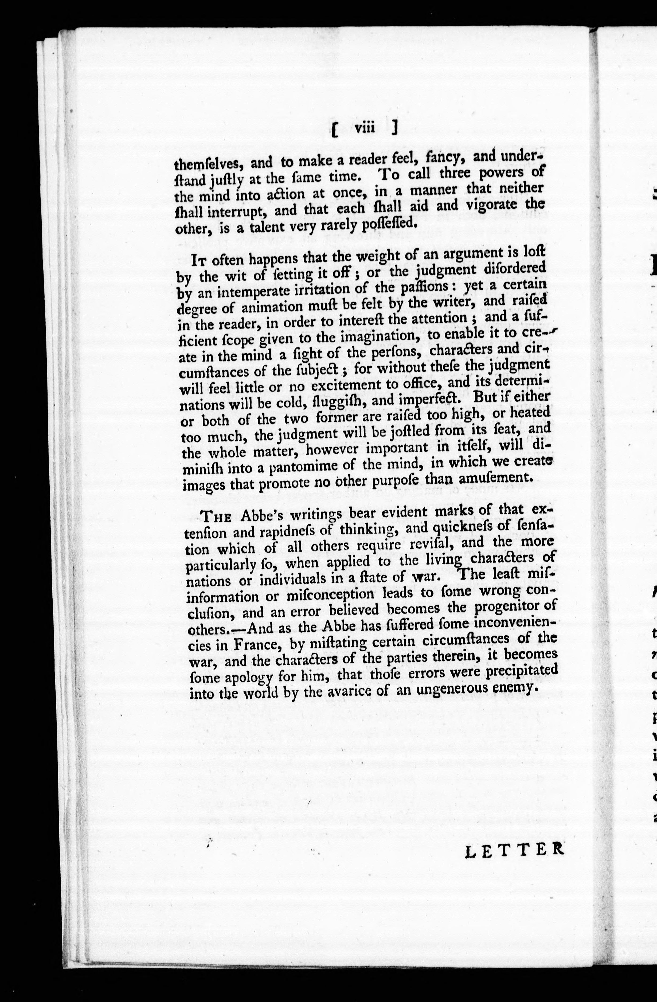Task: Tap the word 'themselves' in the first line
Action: point(206,163)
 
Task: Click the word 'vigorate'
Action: point(489,205)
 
